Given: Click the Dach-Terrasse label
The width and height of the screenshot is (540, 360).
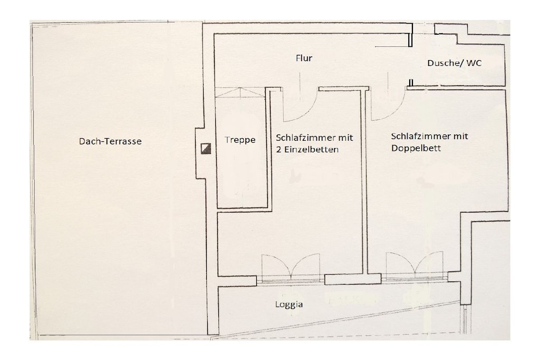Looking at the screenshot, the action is (110, 141).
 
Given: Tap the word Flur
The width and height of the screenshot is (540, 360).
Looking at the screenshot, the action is (304, 58).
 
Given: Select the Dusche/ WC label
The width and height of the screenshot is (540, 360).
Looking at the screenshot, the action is (454, 63).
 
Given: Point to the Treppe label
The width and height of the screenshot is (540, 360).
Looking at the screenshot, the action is (240, 140).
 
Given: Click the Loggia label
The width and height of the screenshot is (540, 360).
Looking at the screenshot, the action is (289, 305).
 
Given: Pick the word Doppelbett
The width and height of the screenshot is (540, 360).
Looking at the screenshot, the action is (416, 148).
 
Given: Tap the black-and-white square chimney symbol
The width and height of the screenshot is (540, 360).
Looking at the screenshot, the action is (206, 149).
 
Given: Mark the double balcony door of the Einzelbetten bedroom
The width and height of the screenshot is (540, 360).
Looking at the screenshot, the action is (291, 267).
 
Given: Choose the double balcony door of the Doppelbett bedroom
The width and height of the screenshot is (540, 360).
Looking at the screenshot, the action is (414, 265).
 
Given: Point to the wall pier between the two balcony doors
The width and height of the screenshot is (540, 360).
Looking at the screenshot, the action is (353, 279).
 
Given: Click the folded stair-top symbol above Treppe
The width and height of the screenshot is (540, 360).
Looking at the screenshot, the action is (240, 92).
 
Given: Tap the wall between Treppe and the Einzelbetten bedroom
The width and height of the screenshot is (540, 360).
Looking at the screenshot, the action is (268, 148).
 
